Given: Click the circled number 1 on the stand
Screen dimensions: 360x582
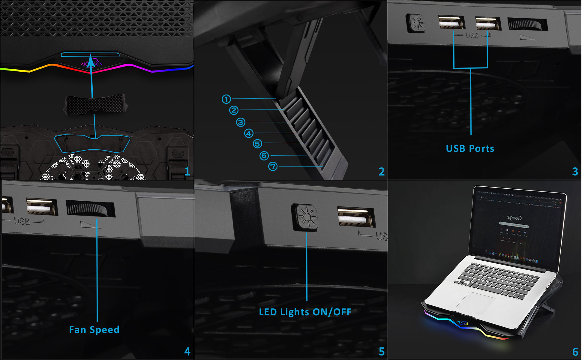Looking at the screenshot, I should tap(226, 99).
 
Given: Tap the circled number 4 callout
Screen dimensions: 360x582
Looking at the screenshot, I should tap(249, 133).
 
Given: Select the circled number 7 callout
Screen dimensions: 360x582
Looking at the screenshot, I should tap(273, 166).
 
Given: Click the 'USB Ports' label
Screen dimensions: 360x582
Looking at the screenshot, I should tap(470, 148).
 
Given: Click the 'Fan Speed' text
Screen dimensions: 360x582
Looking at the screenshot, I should tap(94, 330).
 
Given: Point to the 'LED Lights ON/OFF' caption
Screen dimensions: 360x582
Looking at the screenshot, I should tap(305, 312).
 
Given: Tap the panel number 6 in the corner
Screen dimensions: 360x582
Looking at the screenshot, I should tap(575, 352).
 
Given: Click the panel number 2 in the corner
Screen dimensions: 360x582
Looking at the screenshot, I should tap(381, 172).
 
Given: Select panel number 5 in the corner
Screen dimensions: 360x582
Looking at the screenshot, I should tap(381, 352).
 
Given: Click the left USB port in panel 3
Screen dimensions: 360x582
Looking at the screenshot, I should tap(451, 23).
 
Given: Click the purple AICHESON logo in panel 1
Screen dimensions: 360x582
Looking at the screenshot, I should tap(91, 64).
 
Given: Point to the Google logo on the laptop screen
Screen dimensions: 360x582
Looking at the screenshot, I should tap(514, 217).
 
